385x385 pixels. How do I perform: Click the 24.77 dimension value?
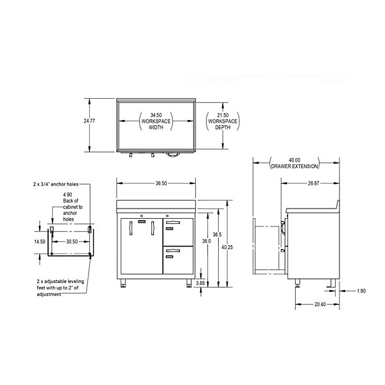89,121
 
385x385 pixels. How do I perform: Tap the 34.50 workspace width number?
156,115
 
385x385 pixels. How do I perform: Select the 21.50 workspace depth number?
223,115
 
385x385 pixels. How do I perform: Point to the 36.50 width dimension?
161,183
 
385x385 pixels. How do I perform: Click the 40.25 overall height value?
227,247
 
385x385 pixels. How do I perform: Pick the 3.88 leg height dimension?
200,283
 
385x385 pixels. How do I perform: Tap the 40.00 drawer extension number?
295,160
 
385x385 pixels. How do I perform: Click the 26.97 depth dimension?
314,183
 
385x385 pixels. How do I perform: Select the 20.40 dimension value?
320,304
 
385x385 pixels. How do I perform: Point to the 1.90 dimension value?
361,291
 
